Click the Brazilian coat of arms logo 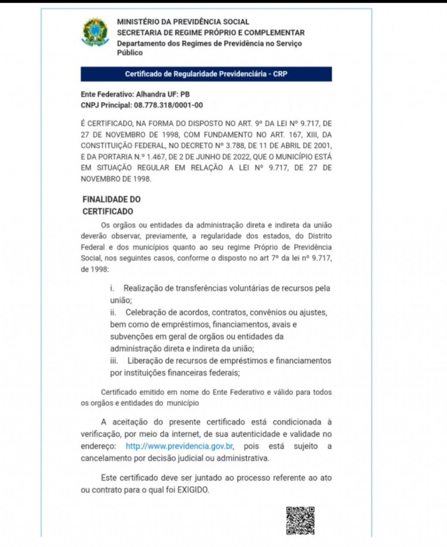pyautogui.click(x=96, y=31)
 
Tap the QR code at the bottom pyautogui.click(x=300, y=520)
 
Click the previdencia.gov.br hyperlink pyautogui.click(x=179, y=446)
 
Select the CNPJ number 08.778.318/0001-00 pyautogui.click(x=168, y=105)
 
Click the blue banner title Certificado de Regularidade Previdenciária pyautogui.click(x=206, y=74)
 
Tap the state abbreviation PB pyautogui.click(x=185, y=94)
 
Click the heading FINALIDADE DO pyautogui.click(x=111, y=200)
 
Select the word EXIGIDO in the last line pyautogui.click(x=193, y=490)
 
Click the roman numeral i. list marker pyautogui.click(x=112, y=288)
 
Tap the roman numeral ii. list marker pyautogui.click(x=113, y=313)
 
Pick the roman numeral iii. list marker pyautogui.click(x=114, y=361)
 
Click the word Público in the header pyautogui.click(x=130, y=53)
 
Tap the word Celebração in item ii pyautogui.click(x=145, y=313)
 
